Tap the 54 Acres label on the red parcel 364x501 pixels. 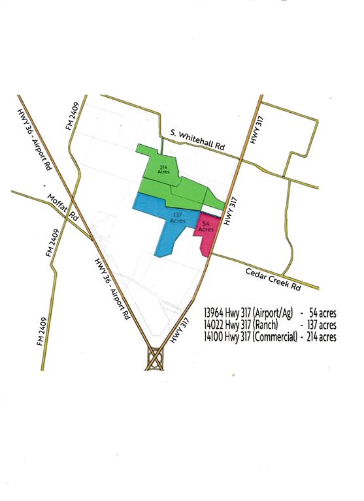(x=206, y=228)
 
